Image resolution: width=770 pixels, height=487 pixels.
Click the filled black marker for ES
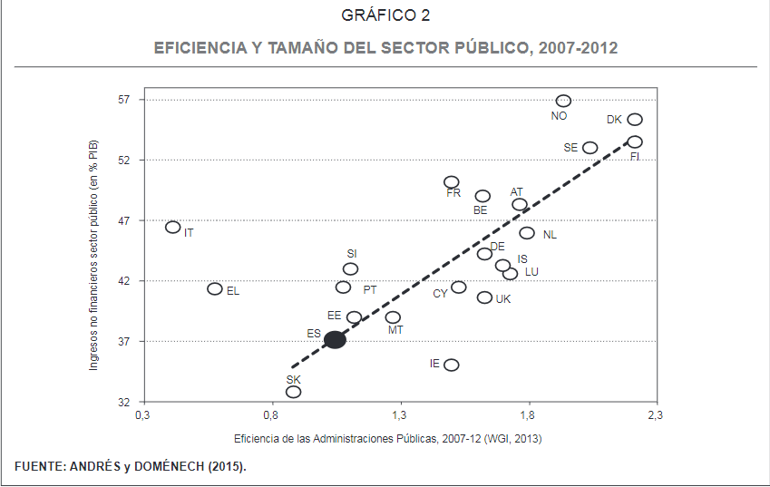pyautogui.click(x=335, y=339)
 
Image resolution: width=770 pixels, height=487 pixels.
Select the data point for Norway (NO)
pyautogui.click(x=563, y=101)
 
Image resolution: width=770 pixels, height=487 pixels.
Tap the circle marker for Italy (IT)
pyautogui.click(x=173, y=227)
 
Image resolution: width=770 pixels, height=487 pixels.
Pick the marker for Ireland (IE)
pyautogui.click(x=452, y=365)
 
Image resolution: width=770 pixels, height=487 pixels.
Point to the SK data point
pyautogui.click(x=293, y=392)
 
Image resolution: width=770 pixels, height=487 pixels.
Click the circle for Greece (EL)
pyautogui.click(x=215, y=288)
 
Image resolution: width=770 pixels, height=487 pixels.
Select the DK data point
pyautogui.click(x=635, y=120)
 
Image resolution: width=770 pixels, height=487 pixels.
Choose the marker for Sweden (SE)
pyautogui.click(x=590, y=148)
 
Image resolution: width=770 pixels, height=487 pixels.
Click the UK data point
pyautogui.click(x=484, y=297)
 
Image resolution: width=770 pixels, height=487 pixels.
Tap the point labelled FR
pyautogui.click(x=452, y=182)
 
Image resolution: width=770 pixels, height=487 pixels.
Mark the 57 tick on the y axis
pyautogui.click(x=125, y=100)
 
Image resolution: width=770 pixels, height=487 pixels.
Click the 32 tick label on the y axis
pyautogui.click(x=125, y=402)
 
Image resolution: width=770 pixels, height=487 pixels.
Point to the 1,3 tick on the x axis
pyautogui.click(x=399, y=416)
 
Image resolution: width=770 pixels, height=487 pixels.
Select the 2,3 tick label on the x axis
pyautogui.click(x=655, y=416)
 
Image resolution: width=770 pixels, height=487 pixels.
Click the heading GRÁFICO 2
pyautogui.click(x=385, y=15)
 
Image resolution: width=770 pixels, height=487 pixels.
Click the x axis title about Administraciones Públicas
pyautogui.click(x=387, y=438)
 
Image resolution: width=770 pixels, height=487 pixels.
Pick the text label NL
pyautogui.click(x=550, y=235)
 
